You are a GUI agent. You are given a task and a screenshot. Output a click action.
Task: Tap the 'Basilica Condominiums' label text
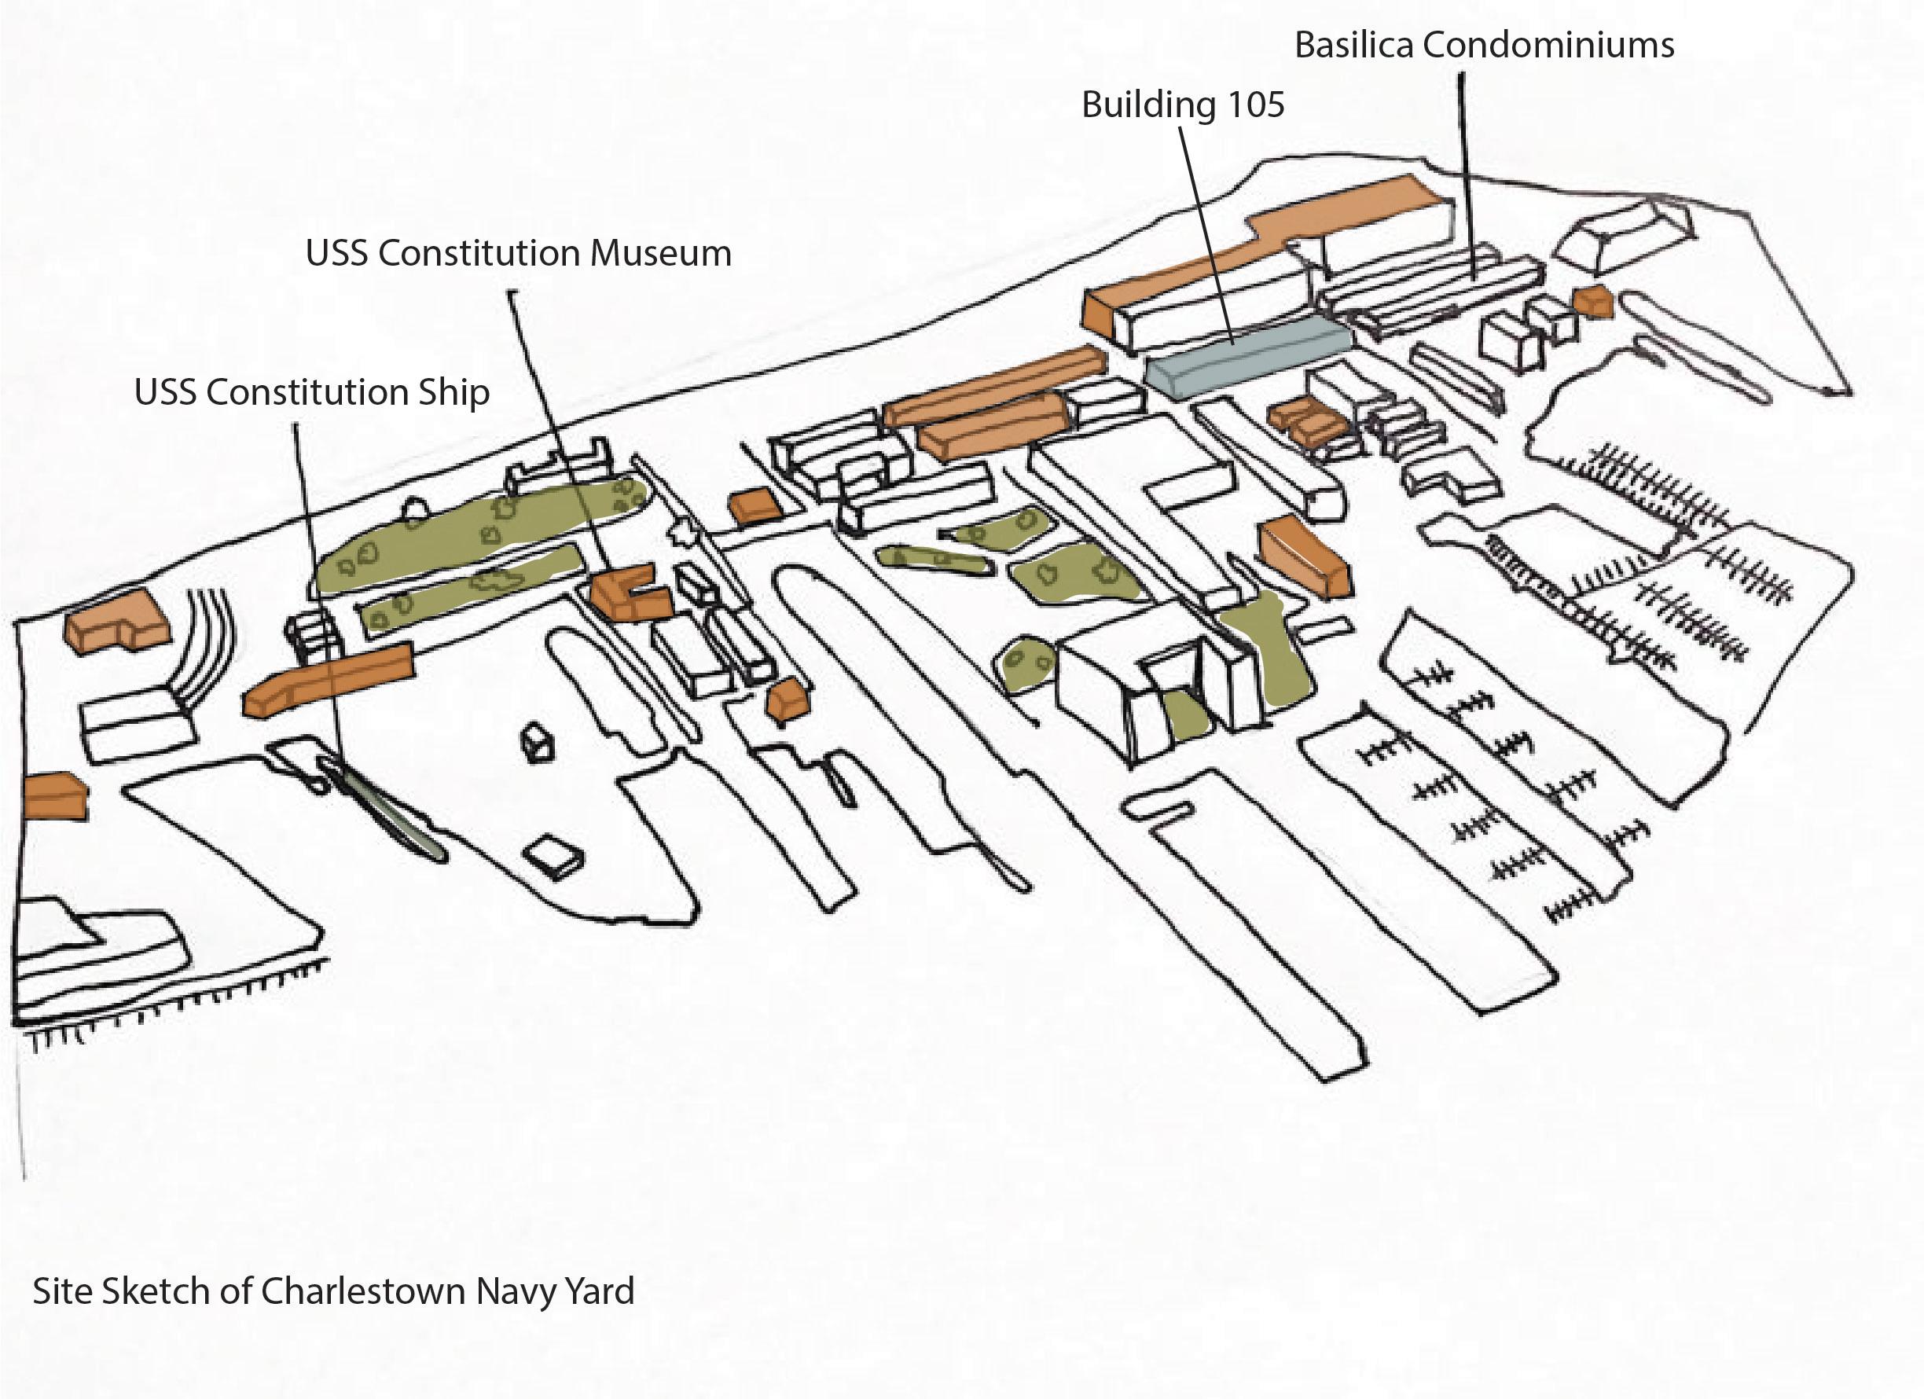(1484, 45)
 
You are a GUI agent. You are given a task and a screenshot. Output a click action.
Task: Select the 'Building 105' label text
(1183, 105)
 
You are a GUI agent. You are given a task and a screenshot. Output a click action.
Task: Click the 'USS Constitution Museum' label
(518, 254)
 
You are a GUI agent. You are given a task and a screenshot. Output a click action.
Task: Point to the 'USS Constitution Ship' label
(311, 393)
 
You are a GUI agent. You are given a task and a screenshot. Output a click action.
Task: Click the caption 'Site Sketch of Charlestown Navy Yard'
(333, 1291)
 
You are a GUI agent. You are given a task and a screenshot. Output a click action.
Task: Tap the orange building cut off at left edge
(53, 796)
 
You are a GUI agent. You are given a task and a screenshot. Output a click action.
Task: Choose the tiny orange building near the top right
(1592, 302)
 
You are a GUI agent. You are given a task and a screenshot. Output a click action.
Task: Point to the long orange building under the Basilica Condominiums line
(1272, 246)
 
